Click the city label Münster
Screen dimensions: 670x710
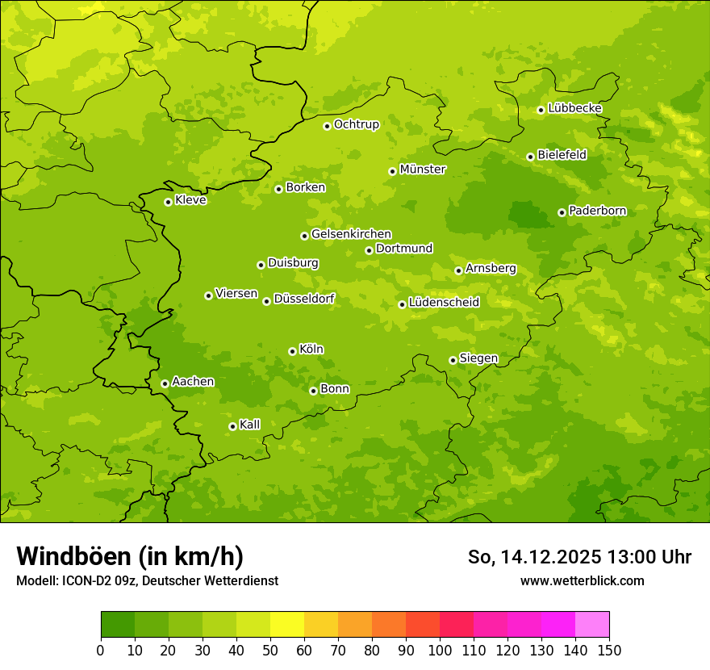pos(423,170)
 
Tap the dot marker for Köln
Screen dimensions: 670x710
pos(292,351)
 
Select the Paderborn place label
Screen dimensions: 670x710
pos(598,211)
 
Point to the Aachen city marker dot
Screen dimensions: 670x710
pos(165,383)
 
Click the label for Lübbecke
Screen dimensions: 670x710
pos(575,108)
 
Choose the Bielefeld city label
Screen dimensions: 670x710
pos(562,154)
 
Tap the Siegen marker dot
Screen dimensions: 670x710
pos(453,360)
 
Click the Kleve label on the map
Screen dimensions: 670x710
pos(191,200)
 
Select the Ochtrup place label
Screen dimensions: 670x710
pos(357,124)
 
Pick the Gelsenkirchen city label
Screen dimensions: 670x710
pos(352,234)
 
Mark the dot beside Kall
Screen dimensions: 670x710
pos(232,426)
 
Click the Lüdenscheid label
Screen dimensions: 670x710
pos(445,303)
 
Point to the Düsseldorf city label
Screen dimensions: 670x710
pos(304,299)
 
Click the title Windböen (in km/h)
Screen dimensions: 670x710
pos(130,556)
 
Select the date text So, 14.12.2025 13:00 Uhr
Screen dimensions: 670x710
pos(579,557)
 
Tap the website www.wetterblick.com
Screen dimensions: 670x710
pos(583,580)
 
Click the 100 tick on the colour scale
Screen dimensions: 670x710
pos(440,650)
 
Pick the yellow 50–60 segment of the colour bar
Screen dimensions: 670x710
pos(287,625)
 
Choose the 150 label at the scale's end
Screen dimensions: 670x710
pos(609,650)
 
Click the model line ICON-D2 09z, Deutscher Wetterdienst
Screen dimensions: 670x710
pos(147,580)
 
